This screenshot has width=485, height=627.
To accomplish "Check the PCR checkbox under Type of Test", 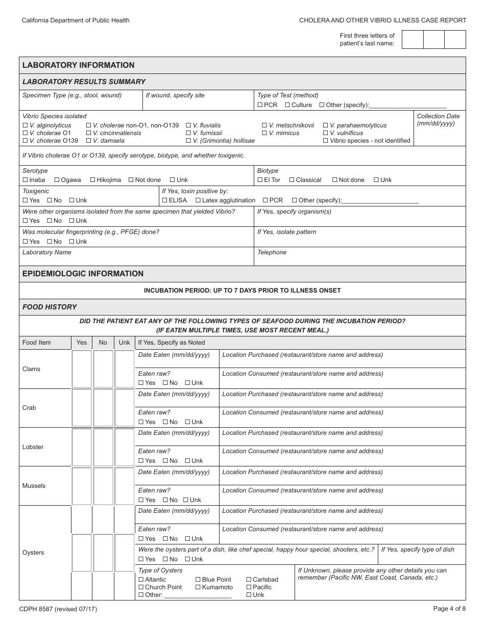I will coord(260,105).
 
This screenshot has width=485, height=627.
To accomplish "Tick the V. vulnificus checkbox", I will coord(325,133).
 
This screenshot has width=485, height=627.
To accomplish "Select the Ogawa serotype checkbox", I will coord(57,180).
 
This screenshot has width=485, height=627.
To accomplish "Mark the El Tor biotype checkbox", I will coord(260,180).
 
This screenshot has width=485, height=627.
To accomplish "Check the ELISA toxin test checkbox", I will coord(164,200).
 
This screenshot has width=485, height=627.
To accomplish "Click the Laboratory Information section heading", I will coord(78,65).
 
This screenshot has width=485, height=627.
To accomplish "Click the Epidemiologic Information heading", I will coord(83,274).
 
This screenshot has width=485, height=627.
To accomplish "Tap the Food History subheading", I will coord(50,307).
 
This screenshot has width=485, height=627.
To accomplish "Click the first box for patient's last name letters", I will coord(413,40).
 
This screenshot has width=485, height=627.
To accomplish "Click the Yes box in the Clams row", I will coord(82,369).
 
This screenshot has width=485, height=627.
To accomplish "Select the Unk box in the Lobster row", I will coord(124,447).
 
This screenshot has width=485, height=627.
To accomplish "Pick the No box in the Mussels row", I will coord(103,486).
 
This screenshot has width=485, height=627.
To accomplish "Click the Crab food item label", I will coord(29,408).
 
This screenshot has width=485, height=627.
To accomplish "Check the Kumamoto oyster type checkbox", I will coord(198,587).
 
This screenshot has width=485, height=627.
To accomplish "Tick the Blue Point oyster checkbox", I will coord(198,580).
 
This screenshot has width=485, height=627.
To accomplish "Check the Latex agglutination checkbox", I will coord(198,200).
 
